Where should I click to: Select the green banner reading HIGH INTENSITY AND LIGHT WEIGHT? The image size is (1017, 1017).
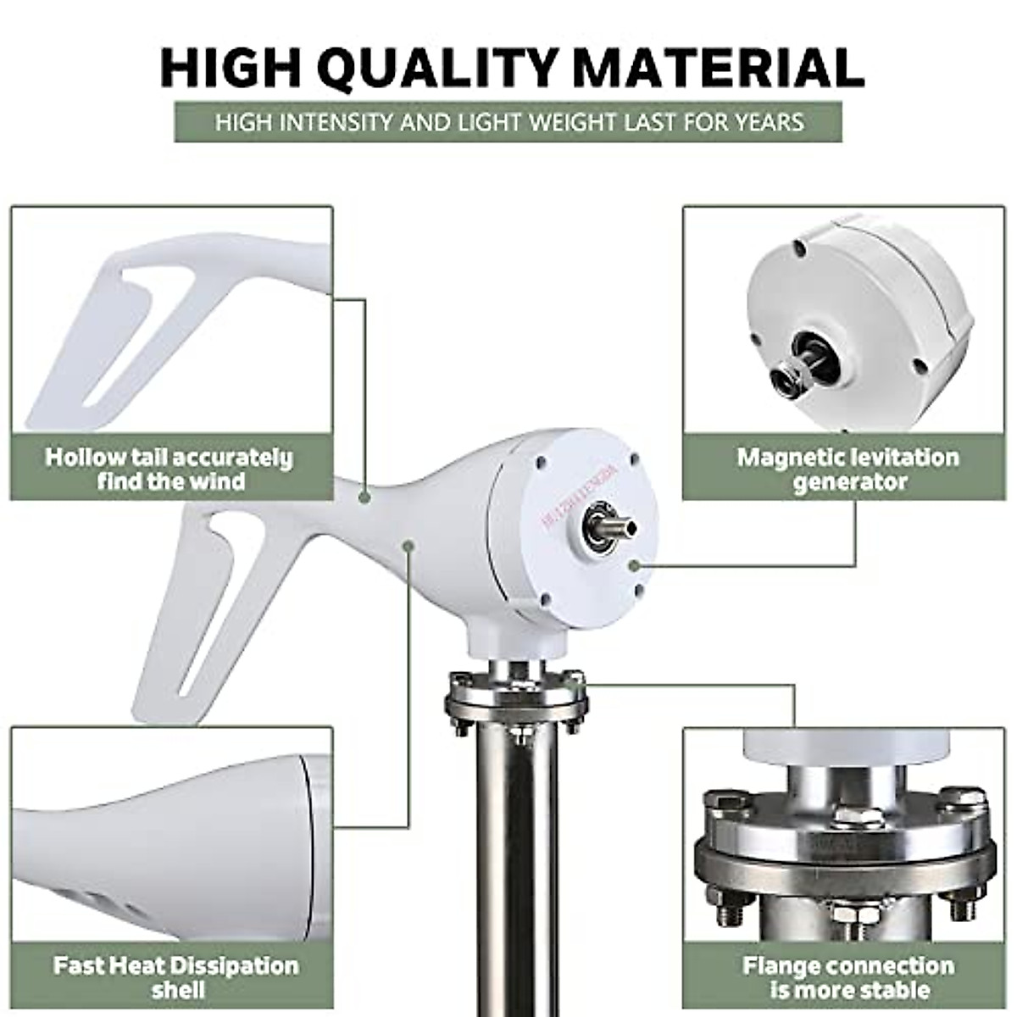click(508, 122)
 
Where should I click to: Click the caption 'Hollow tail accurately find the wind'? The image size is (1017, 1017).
click(169, 469)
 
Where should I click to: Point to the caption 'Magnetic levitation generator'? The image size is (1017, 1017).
click(847, 469)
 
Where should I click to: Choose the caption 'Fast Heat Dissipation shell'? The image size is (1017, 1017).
click(176, 977)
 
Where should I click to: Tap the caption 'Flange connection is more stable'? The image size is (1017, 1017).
click(847, 977)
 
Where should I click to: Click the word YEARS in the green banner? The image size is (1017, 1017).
click(768, 122)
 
